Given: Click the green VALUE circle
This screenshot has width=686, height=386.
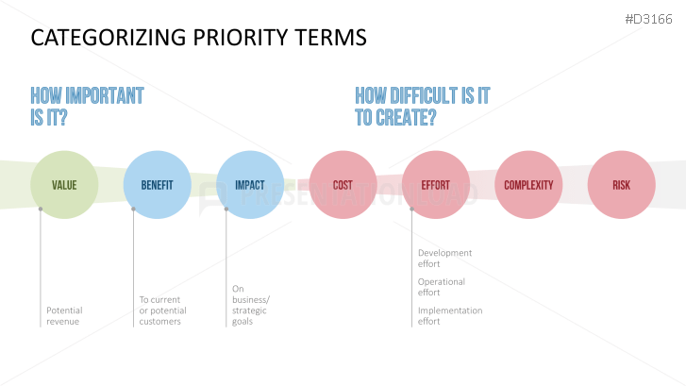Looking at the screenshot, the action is click(x=64, y=185).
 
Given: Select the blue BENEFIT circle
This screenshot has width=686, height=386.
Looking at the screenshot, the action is click(x=157, y=185).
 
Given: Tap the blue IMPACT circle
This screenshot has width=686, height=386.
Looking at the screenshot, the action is click(x=250, y=185).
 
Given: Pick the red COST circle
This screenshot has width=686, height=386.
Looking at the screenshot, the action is click(x=343, y=185).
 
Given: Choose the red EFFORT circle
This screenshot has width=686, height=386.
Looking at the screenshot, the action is click(x=436, y=185).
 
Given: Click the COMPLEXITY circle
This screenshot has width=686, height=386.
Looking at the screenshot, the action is click(x=528, y=185).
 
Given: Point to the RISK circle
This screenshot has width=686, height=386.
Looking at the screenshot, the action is click(x=621, y=185).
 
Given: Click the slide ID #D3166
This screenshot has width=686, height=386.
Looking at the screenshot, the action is click(x=648, y=19).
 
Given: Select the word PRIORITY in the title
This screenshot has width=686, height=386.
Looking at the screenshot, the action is click(x=241, y=37).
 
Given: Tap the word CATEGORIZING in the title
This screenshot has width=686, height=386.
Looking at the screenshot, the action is click(x=109, y=37).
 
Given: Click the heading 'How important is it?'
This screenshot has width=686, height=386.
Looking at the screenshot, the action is click(x=87, y=107).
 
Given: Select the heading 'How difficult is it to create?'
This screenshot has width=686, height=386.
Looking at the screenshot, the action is click(x=422, y=107).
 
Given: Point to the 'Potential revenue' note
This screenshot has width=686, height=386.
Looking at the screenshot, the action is click(x=64, y=315).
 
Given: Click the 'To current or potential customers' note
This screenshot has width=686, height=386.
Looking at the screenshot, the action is click(x=162, y=310).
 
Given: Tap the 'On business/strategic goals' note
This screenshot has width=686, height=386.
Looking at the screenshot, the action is click(x=251, y=305).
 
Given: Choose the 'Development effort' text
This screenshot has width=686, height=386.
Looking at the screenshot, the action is click(x=444, y=259).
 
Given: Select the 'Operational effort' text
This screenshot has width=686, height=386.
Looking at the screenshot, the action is click(x=441, y=287).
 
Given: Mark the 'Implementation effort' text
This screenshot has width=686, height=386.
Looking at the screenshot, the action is click(x=450, y=315).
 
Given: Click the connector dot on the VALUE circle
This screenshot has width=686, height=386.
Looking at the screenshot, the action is click(x=41, y=210).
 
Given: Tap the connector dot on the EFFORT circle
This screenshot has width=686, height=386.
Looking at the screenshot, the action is click(x=411, y=210).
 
